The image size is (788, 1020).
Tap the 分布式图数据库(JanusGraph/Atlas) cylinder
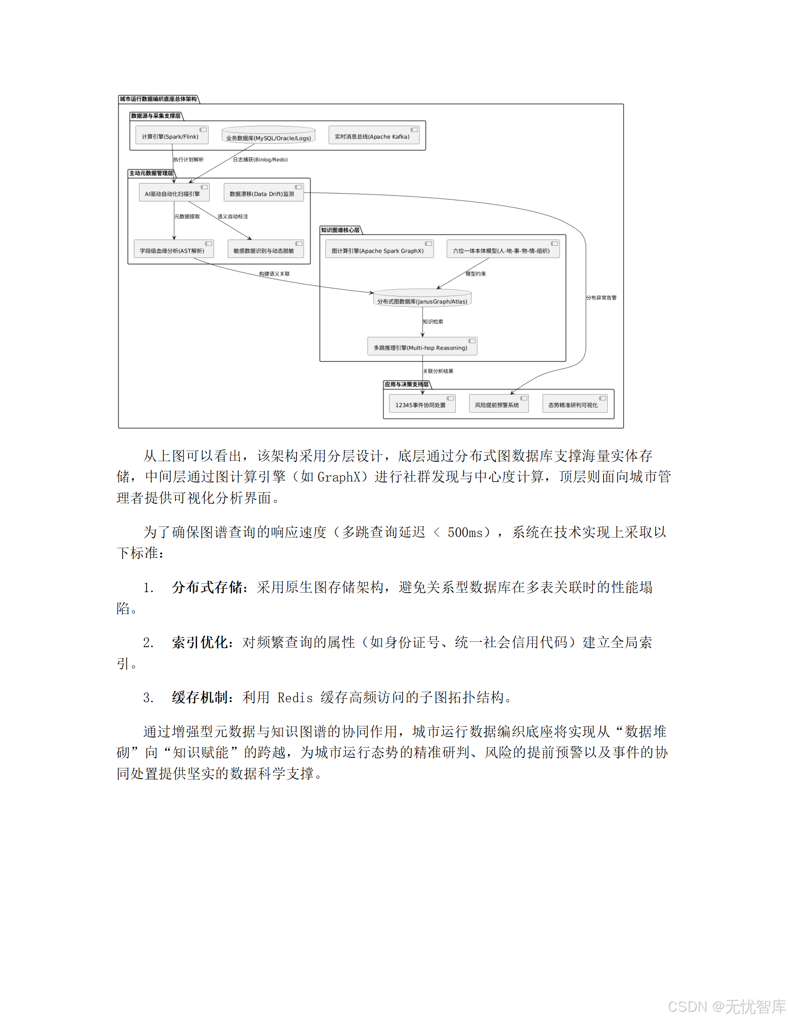tap(422, 299)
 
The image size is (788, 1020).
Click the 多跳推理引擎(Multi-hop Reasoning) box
tap(422, 346)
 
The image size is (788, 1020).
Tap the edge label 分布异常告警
tap(601, 298)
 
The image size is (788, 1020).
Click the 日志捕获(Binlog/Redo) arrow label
tap(260, 160)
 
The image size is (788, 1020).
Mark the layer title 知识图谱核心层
tap(340, 230)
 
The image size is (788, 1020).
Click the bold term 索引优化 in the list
tap(200, 642)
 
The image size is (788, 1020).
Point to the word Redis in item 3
tap(295, 698)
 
